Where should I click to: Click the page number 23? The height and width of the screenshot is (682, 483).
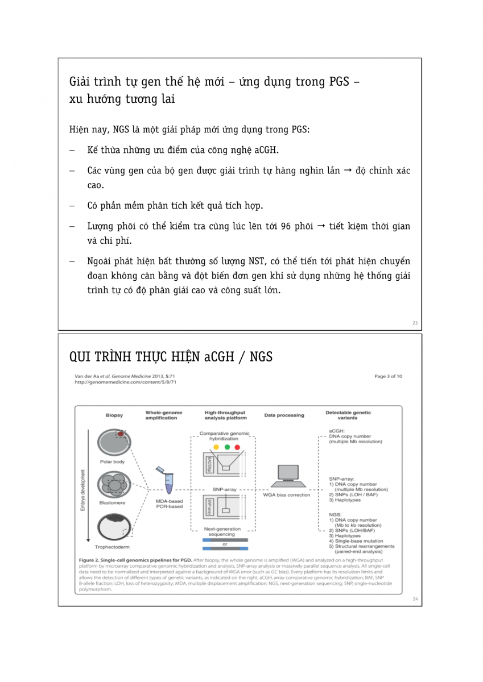pyautogui.click(x=415, y=323)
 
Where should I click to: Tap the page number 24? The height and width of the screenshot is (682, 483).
pyautogui.click(x=415, y=598)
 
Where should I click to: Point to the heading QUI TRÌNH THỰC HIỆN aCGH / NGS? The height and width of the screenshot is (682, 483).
pyautogui.click(x=171, y=357)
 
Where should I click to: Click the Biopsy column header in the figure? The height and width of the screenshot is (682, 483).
pyautogui.click(x=114, y=415)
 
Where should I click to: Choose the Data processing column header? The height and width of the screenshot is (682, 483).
pyautogui.click(x=284, y=415)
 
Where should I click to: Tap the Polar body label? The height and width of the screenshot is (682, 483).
pyautogui.click(x=112, y=461)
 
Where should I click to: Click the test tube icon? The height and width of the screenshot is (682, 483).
pyautogui.click(x=168, y=481)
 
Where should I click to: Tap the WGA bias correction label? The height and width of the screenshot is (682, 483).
pyautogui.click(x=286, y=494)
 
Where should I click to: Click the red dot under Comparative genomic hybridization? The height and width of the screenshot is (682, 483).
pyautogui.click(x=237, y=447)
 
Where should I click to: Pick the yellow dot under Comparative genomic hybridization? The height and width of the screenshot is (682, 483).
pyautogui.click(x=216, y=447)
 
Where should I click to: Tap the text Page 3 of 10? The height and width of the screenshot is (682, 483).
pyautogui.click(x=388, y=376)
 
